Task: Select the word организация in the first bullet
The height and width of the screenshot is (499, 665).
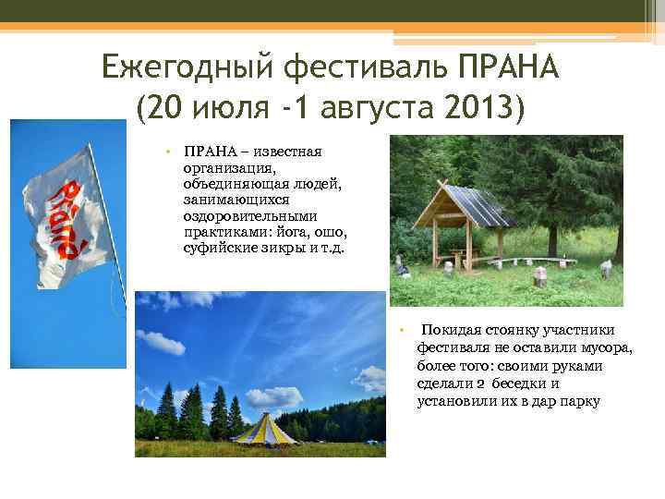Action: (227, 168)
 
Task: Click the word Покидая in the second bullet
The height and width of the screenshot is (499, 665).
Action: (448, 331)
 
